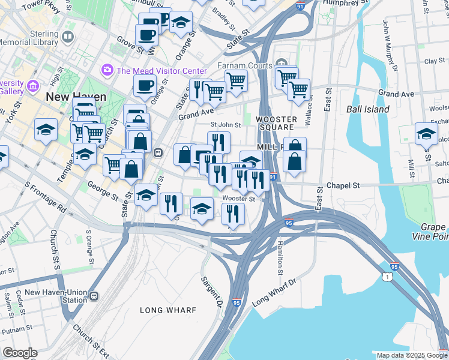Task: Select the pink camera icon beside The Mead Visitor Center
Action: coord(107,70)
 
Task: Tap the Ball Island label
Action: coord(367,109)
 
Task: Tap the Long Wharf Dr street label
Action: coord(274,293)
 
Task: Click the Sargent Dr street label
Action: coord(211,290)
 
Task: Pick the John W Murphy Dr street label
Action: coord(390,46)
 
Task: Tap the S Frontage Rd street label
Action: coord(46,198)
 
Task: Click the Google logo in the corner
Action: coord(20,353)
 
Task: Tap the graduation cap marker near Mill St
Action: coord(426,134)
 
